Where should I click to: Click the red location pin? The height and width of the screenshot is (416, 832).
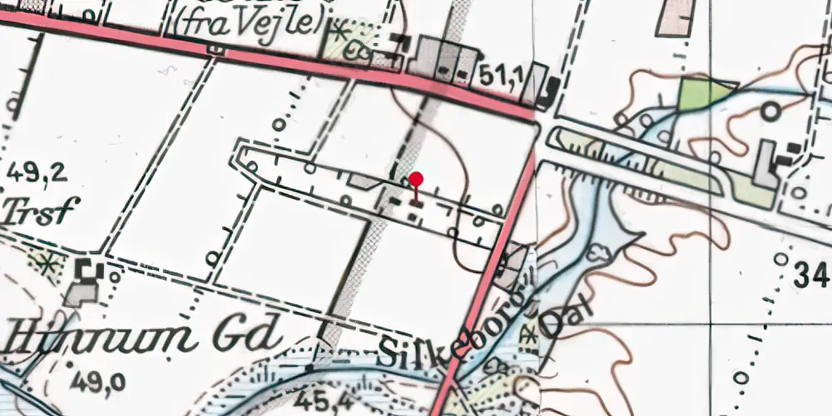pos(416,180)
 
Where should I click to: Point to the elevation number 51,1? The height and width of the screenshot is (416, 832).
pos(501,77)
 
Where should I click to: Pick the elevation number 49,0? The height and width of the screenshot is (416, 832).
pos(98,382)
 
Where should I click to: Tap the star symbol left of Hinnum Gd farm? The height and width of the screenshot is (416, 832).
pos(48,263)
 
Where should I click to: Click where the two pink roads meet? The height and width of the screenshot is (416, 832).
pos(534,119)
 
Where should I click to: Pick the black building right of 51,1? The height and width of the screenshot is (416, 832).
pos(547,92)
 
